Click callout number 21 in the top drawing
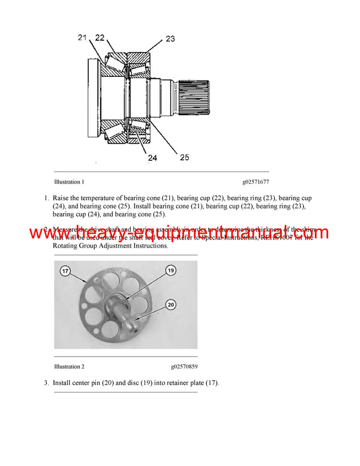pos(83,38)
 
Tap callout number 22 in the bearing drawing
pos(100,38)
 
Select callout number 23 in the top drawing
pos(170,39)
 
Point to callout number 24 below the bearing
pos(152,159)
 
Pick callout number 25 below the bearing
pos(184,157)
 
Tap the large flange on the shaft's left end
pos(94,97)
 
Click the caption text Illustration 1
pos(69,181)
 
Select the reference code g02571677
pos(256,181)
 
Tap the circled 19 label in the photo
pos(171,271)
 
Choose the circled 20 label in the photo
pos(171,305)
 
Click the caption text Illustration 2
pos(69,366)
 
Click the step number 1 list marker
pos(46,198)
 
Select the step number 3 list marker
pos(46,383)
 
